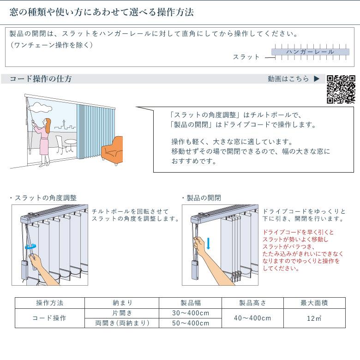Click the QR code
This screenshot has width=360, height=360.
(x=341, y=89)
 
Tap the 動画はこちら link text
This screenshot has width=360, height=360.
(x=288, y=79)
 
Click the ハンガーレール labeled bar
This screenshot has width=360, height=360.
(x=310, y=52)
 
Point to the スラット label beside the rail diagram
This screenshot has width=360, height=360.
(x=246, y=57)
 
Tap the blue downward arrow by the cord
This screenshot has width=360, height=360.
(x=208, y=243)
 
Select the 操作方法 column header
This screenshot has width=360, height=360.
(x=50, y=303)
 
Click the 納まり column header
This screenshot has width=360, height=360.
(x=122, y=303)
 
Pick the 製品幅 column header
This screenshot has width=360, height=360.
(x=191, y=303)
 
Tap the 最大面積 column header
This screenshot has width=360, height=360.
(x=314, y=303)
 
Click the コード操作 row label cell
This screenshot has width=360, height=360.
(x=50, y=318)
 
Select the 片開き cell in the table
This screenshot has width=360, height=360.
(x=122, y=313)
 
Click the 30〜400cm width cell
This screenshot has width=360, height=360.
(x=191, y=313)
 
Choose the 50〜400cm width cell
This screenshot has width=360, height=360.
(x=191, y=323)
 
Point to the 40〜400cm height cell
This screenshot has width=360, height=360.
(x=252, y=318)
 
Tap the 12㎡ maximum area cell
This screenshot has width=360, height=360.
(x=314, y=318)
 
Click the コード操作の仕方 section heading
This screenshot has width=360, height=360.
(x=41, y=79)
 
